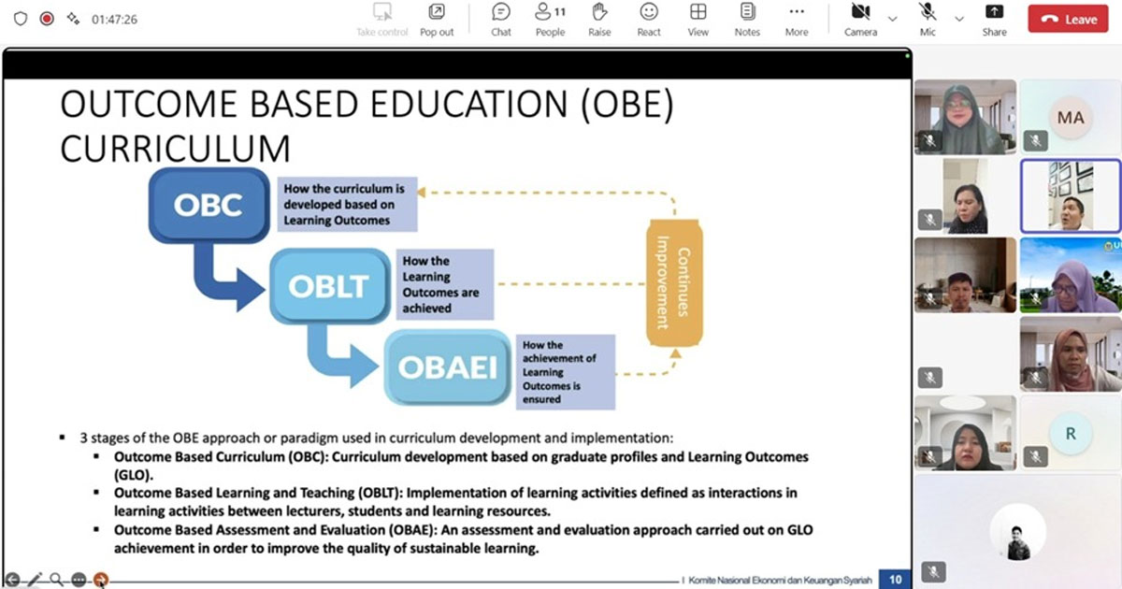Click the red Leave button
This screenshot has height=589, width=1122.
coord(1068,19)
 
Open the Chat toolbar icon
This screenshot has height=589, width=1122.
coord(501,12)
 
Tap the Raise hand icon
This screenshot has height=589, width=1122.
coord(599,12)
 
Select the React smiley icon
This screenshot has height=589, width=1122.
coord(649,12)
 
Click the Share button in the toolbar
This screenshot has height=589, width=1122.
coord(994,20)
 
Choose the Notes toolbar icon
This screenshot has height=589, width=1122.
coord(747,12)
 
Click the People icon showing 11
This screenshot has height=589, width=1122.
coord(550,12)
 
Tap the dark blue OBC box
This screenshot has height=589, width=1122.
coord(209,206)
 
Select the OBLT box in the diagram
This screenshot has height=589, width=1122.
coord(329,286)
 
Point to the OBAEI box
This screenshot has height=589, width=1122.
coord(447,367)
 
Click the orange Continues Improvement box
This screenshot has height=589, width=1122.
coord(674,283)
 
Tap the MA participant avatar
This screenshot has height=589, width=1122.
coord(1071,118)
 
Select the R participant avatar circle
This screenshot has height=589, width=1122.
coord(1071,433)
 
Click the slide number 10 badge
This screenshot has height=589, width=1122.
coord(895,580)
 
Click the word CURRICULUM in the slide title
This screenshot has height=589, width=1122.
coord(176,149)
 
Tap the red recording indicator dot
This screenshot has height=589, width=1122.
coord(47,19)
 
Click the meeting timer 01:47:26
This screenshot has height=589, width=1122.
coord(114,20)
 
